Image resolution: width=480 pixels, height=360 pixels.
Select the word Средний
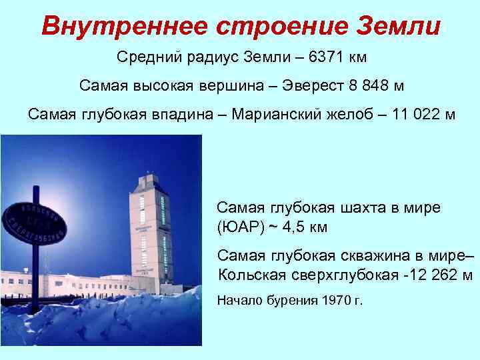145,57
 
